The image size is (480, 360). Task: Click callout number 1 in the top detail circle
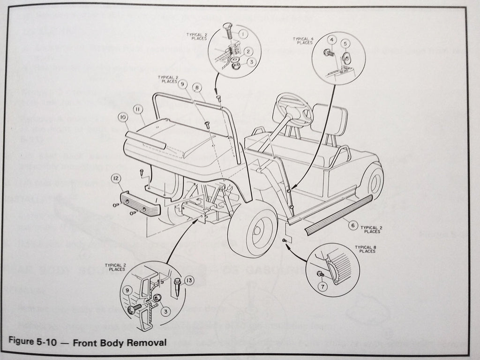click(243, 34)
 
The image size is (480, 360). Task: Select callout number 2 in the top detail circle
click(248, 51)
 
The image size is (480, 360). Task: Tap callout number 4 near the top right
click(330, 40)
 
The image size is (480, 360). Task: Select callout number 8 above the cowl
click(196, 87)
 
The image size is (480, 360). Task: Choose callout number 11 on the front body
click(137, 109)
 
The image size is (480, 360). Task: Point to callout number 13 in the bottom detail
click(187, 281)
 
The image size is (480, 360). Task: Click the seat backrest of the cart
click(329, 119)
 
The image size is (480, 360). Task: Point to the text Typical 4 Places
click(303, 41)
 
